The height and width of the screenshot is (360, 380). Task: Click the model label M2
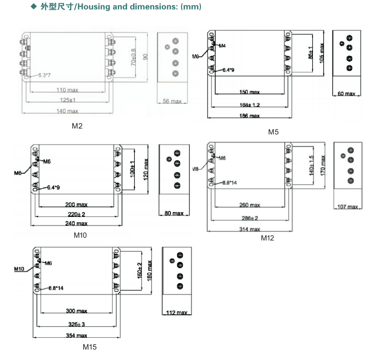click(x=77, y=126)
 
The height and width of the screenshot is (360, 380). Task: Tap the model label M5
click(x=274, y=132)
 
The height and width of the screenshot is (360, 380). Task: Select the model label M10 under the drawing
click(x=80, y=235)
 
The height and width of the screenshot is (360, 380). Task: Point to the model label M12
click(x=267, y=238)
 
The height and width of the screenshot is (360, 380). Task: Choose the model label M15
click(x=90, y=346)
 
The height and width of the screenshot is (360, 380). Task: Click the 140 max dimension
click(x=67, y=111)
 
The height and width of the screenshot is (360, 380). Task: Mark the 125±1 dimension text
click(x=67, y=101)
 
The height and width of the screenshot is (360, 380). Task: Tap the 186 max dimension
click(x=250, y=116)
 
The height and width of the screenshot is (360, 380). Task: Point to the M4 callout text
click(x=222, y=46)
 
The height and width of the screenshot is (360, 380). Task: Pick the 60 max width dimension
click(x=346, y=94)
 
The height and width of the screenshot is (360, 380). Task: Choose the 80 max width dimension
click(x=174, y=214)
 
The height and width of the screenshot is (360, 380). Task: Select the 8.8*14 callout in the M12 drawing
click(x=229, y=183)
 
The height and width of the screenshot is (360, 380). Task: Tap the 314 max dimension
click(x=250, y=229)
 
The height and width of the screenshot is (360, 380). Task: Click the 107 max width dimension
click(x=348, y=207)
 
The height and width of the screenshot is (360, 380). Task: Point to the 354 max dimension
click(x=76, y=335)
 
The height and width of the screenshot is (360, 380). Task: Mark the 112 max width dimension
click(x=176, y=313)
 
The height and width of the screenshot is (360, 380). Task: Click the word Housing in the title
click(x=92, y=7)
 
